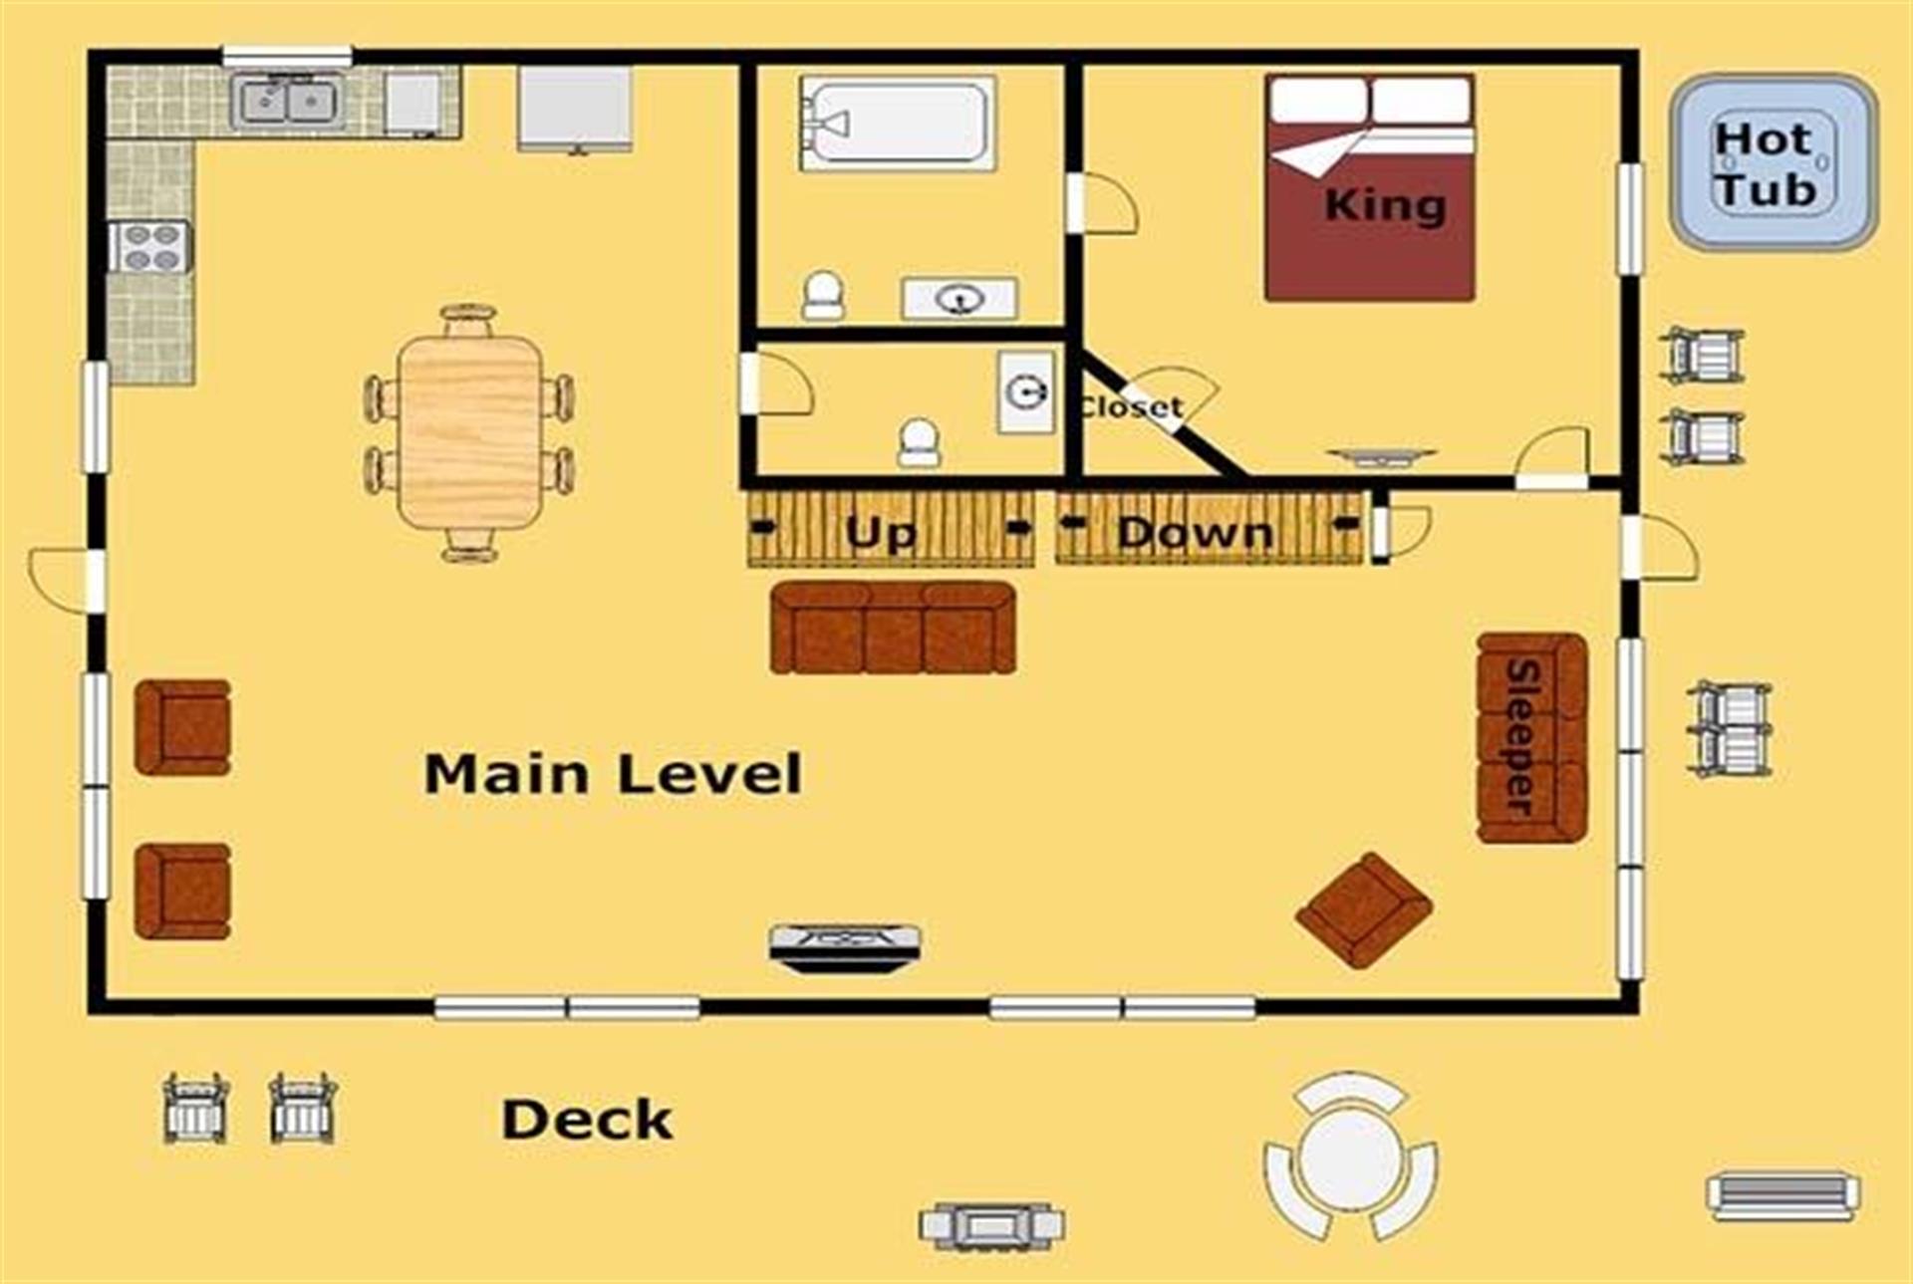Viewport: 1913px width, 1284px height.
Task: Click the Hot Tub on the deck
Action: point(1774,162)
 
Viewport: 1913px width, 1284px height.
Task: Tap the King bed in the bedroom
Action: point(1370,186)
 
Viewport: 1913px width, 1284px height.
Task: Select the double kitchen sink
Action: point(288,101)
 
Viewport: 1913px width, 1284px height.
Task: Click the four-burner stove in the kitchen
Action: point(150,246)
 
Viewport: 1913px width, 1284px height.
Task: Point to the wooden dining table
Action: point(469,431)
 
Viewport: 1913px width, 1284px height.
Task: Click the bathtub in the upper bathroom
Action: point(896,123)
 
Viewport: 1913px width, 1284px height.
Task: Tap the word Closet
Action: point(1131,406)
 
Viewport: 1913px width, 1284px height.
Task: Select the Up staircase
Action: point(891,529)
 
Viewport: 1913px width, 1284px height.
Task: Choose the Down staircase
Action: point(1209,529)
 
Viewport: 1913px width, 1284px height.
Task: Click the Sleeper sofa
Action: point(1531,738)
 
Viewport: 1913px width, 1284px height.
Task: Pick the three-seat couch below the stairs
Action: point(893,629)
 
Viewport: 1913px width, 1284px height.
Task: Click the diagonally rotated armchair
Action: point(1364,909)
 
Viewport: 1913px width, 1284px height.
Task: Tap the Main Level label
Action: point(613,775)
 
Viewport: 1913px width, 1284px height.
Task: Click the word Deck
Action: point(587,1120)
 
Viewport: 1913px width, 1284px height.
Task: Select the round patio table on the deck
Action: point(1349,1158)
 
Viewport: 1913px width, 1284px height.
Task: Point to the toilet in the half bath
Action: point(919,443)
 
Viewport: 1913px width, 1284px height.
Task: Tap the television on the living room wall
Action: point(845,945)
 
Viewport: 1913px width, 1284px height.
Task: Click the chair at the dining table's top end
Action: point(468,321)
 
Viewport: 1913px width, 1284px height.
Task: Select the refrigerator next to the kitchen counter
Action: point(575,109)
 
